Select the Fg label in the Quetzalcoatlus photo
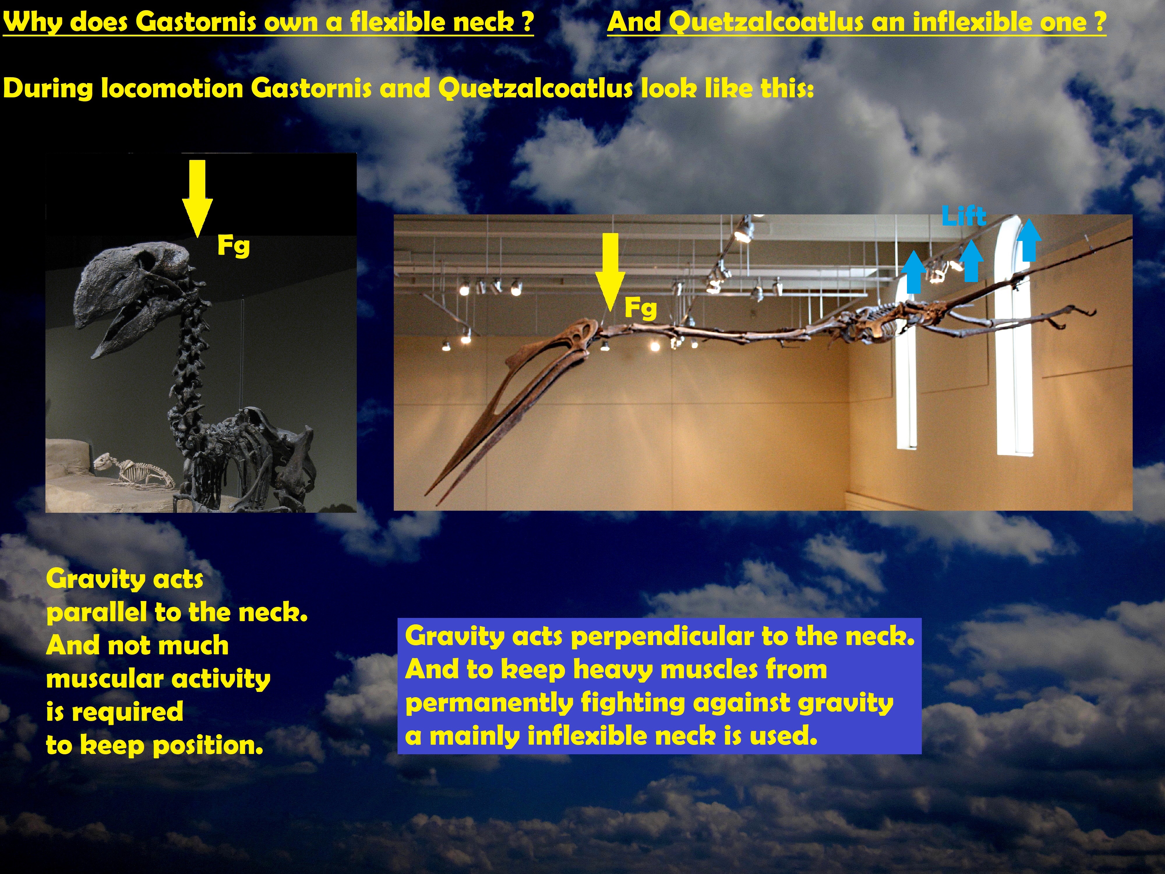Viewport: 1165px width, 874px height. point(640,308)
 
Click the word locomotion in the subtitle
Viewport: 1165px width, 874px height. point(172,88)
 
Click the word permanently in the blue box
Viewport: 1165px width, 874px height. point(489,703)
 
